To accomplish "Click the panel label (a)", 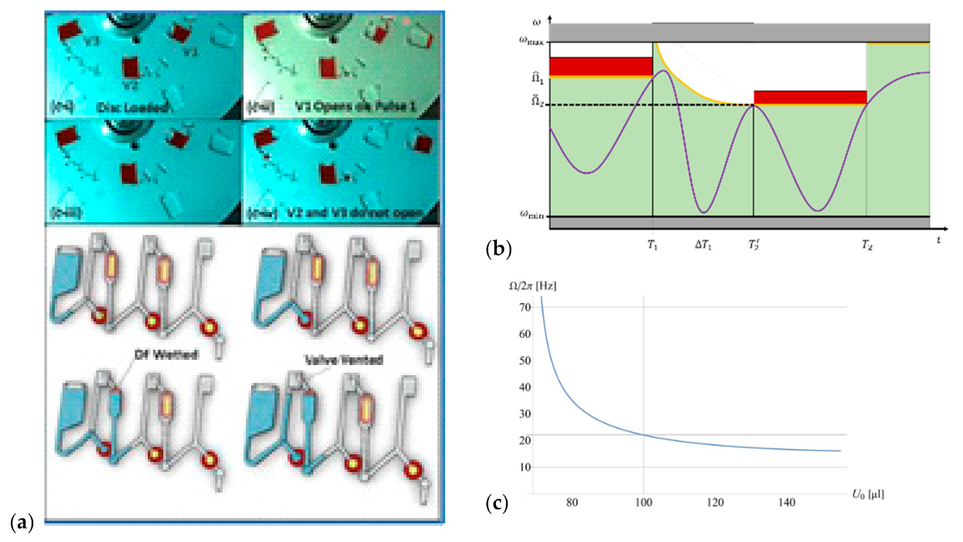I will click(x=22, y=522).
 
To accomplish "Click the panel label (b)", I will click(x=498, y=249).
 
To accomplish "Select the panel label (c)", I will click(x=497, y=503).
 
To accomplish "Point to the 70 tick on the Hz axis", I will click(x=525, y=307).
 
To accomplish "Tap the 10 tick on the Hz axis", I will click(x=525, y=467).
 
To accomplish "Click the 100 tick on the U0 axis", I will click(x=643, y=502).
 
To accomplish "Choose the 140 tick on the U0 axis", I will click(x=786, y=502).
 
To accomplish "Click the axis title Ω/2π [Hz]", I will click(x=532, y=286).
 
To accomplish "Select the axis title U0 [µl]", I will click(x=867, y=494).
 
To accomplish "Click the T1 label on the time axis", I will click(x=652, y=245).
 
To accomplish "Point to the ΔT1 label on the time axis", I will click(x=703, y=245).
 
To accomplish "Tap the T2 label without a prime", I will click(x=867, y=245).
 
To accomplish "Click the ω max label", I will click(x=531, y=41).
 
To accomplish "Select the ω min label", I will click(x=531, y=214).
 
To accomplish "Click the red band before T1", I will click(x=601, y=66).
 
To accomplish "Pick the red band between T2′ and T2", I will click(x=810, y=97).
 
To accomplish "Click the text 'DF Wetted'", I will click(x=166, y=354).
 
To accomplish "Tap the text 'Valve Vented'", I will click(x=344, y=360).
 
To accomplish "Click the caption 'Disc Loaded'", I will click(x=132, y=107).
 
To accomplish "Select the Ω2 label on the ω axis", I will click(x=537, y=102).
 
